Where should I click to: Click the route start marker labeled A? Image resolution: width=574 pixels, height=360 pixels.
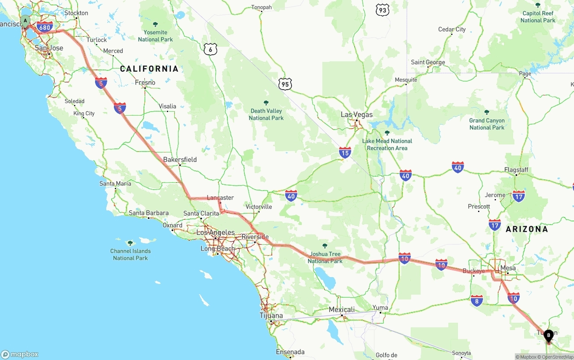(x=26, y=21)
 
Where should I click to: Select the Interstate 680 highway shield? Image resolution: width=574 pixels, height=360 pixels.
(x=45, y=27)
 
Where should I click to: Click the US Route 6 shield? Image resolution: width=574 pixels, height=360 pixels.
(x=210, y=49)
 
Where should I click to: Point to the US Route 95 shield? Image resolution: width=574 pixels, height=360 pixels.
(x=285, y=83)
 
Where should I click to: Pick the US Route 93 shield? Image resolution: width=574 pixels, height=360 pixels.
(x=383, y=10)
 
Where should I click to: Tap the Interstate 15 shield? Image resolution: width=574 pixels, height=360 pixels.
(x=345, y=152)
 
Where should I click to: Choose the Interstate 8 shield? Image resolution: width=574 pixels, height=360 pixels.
(x=477, y=300)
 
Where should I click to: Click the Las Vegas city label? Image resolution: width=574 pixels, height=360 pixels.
(x=357, y=115)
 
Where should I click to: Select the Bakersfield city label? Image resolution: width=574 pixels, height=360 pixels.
(x=180, y=160)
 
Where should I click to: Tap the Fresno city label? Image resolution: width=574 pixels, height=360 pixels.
(x=145, y=82)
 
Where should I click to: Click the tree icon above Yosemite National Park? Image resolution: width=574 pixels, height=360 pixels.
(x=156, y=24)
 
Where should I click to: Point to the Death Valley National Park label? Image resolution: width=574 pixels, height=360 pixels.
(x=266, y=114)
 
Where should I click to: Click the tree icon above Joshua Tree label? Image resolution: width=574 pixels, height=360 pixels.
(x=325, y=246)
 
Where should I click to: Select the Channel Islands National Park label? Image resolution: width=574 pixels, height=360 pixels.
(x=130, y=254)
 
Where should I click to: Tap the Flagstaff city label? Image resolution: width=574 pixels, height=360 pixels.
(x=516, y=170)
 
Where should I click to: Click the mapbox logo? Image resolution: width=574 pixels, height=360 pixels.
(x=20, y=354)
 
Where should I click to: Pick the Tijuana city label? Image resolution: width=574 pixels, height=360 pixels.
(x=271, y=316)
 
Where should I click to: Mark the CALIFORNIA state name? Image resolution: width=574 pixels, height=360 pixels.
(x=149, y=69)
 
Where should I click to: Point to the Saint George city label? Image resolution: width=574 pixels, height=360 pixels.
(x=428, y=62)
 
